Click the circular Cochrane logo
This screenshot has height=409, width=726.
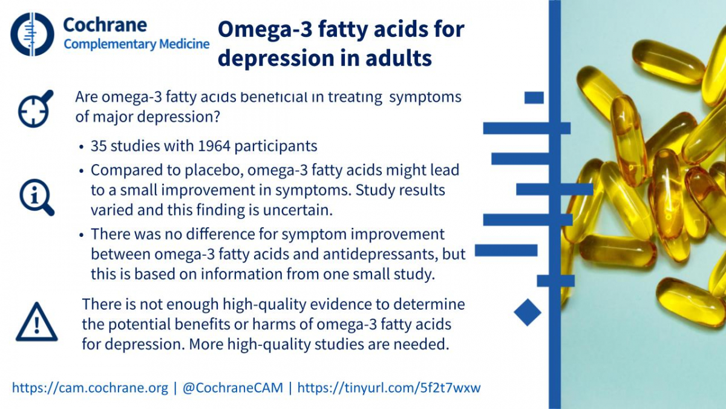pos(32,34)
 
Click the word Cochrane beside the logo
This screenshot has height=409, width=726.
pos(105,25)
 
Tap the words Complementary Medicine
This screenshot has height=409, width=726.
pos(137,44)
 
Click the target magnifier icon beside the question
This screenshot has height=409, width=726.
pos(35,108)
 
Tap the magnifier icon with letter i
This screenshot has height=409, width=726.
pos(37,198)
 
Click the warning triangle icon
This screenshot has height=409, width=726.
pos(37,322)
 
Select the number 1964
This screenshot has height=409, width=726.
pos(214,146)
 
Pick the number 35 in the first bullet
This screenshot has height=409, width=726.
pos(99,146)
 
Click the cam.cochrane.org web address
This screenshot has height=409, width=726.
pos(90,388)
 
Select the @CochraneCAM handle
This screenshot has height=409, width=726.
pos(233,388)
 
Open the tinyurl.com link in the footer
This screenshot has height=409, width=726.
pos(389,388)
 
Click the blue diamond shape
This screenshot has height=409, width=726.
pos(528,312)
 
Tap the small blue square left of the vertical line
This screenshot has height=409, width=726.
pos(534,98)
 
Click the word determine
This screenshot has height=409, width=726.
pos(429,304)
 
